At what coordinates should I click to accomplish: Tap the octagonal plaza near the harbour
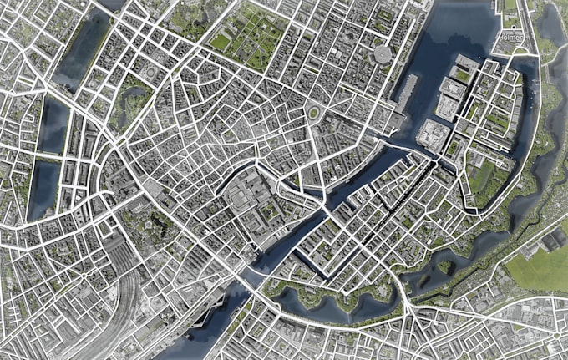[x=383, y=54]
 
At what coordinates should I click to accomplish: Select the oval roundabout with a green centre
[x=313, y=113]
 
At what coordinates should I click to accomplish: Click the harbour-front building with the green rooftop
[x=460, y=74]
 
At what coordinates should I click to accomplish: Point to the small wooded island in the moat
[x=444, y=267]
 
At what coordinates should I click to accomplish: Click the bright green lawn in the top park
[x=221, y=39]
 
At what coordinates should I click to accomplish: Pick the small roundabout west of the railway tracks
[x=84, y=275]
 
